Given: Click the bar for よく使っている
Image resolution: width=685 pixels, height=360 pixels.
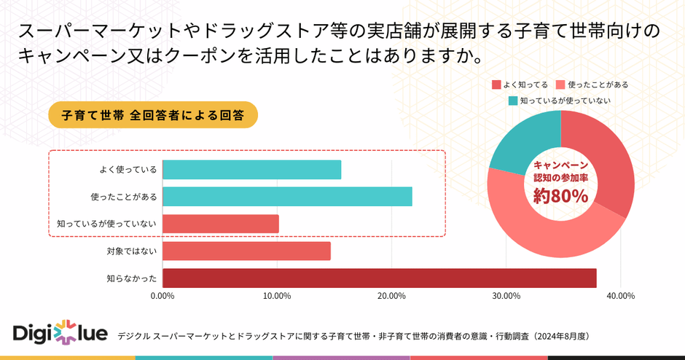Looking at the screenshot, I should (x=251, y=169).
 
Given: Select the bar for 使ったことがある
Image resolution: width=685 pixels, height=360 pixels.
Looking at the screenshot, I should (x=287, y=197).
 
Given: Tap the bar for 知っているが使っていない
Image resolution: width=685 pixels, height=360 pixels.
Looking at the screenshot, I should (x=220, y=224).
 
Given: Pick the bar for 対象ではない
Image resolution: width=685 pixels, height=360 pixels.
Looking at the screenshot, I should (x=246, y=251).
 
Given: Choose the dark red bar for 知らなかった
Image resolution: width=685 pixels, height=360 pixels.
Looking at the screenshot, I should (x=379, y=278).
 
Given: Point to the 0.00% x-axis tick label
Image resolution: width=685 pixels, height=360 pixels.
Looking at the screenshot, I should (x=162, y=296).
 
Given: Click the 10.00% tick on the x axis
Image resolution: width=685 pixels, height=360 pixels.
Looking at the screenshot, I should (x=277, y=296).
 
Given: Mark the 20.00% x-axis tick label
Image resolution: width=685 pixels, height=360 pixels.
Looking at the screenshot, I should (x=391, y=296).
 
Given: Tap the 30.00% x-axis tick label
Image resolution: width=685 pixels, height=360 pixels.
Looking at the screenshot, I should (x=506, y=296).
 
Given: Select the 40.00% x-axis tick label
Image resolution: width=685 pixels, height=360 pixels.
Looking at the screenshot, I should (x=620, y=296).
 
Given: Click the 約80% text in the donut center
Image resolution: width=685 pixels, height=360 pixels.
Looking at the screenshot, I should (x=560, y=196).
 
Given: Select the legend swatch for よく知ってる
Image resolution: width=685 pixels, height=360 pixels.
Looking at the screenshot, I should (x=497, y=85).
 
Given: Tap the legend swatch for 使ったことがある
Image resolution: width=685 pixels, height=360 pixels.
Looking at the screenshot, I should (x=560, y=85).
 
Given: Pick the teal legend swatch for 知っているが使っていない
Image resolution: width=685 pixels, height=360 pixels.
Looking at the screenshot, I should (x=512, y=101).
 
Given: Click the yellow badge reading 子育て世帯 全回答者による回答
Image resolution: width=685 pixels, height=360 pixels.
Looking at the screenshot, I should (x=153, y=114).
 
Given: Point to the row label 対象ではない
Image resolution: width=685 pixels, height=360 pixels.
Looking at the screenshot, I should (x=132, y=251).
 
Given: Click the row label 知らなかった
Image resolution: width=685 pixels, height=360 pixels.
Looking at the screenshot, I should (x=132, y=278).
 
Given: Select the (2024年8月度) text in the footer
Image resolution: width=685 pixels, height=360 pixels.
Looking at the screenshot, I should (x=560, y=336).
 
